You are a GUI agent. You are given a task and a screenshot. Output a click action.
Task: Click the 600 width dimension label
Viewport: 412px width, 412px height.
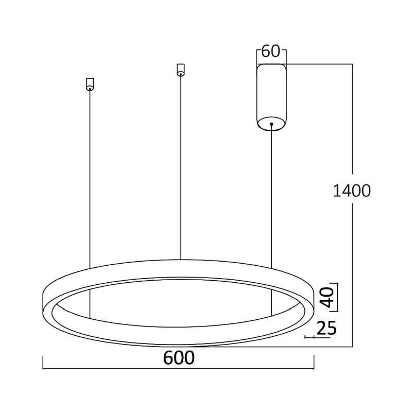click(x=179, y=358)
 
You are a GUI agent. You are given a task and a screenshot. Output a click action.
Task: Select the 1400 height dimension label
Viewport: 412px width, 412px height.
click(x=352, y=191)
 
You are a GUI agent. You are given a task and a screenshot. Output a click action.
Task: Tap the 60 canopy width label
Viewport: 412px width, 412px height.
click(x=270, y=51)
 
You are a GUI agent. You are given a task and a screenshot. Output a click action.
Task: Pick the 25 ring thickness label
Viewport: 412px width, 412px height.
click(x=326, y=328)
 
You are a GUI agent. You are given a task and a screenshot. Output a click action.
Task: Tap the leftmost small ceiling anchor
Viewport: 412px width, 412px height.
click(x=90, y=84)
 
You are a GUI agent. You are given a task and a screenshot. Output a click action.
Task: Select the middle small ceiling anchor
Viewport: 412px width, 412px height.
click(x=180, y=70)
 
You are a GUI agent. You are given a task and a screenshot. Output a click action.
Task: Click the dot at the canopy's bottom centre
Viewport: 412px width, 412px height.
click(x=271, y=124)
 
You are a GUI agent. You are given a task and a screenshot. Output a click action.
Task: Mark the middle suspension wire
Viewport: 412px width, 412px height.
click(x=180, y=165)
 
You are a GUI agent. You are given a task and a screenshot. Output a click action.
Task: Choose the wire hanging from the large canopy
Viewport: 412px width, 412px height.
click(x=271, y=196)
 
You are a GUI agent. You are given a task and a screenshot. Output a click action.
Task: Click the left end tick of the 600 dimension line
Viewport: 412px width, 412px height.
click(x=42, y=364)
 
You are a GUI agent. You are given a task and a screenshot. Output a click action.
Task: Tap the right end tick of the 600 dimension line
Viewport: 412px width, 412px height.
click(x=314, y=364)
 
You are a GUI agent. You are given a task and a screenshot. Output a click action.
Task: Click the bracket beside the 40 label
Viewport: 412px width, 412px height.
click(x=338, y=297)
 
